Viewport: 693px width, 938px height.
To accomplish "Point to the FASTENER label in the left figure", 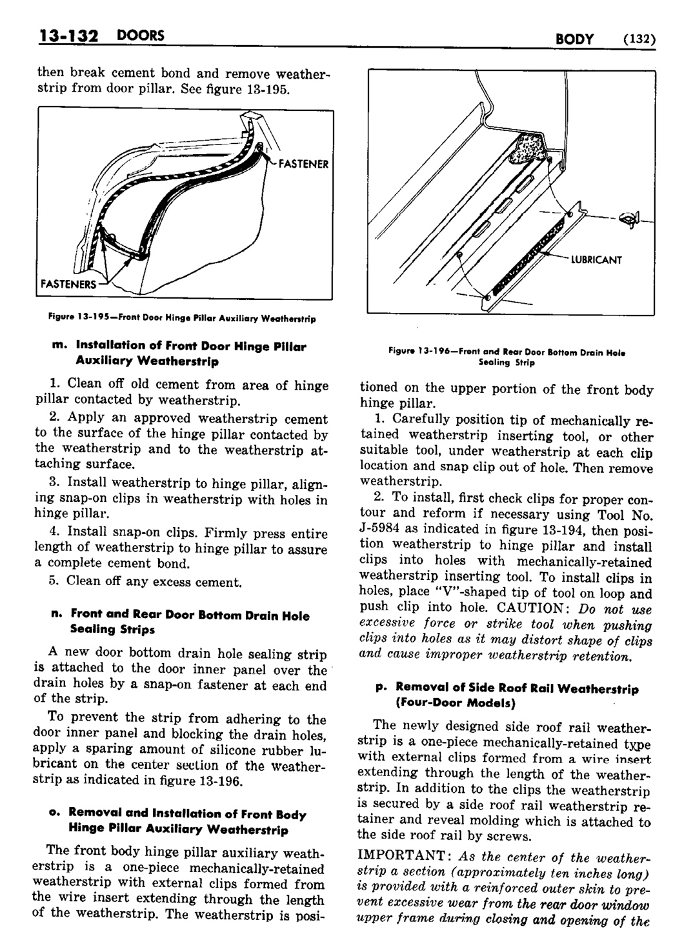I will pos(303,164).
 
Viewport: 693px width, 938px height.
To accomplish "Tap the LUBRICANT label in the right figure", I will pos(596,260).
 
